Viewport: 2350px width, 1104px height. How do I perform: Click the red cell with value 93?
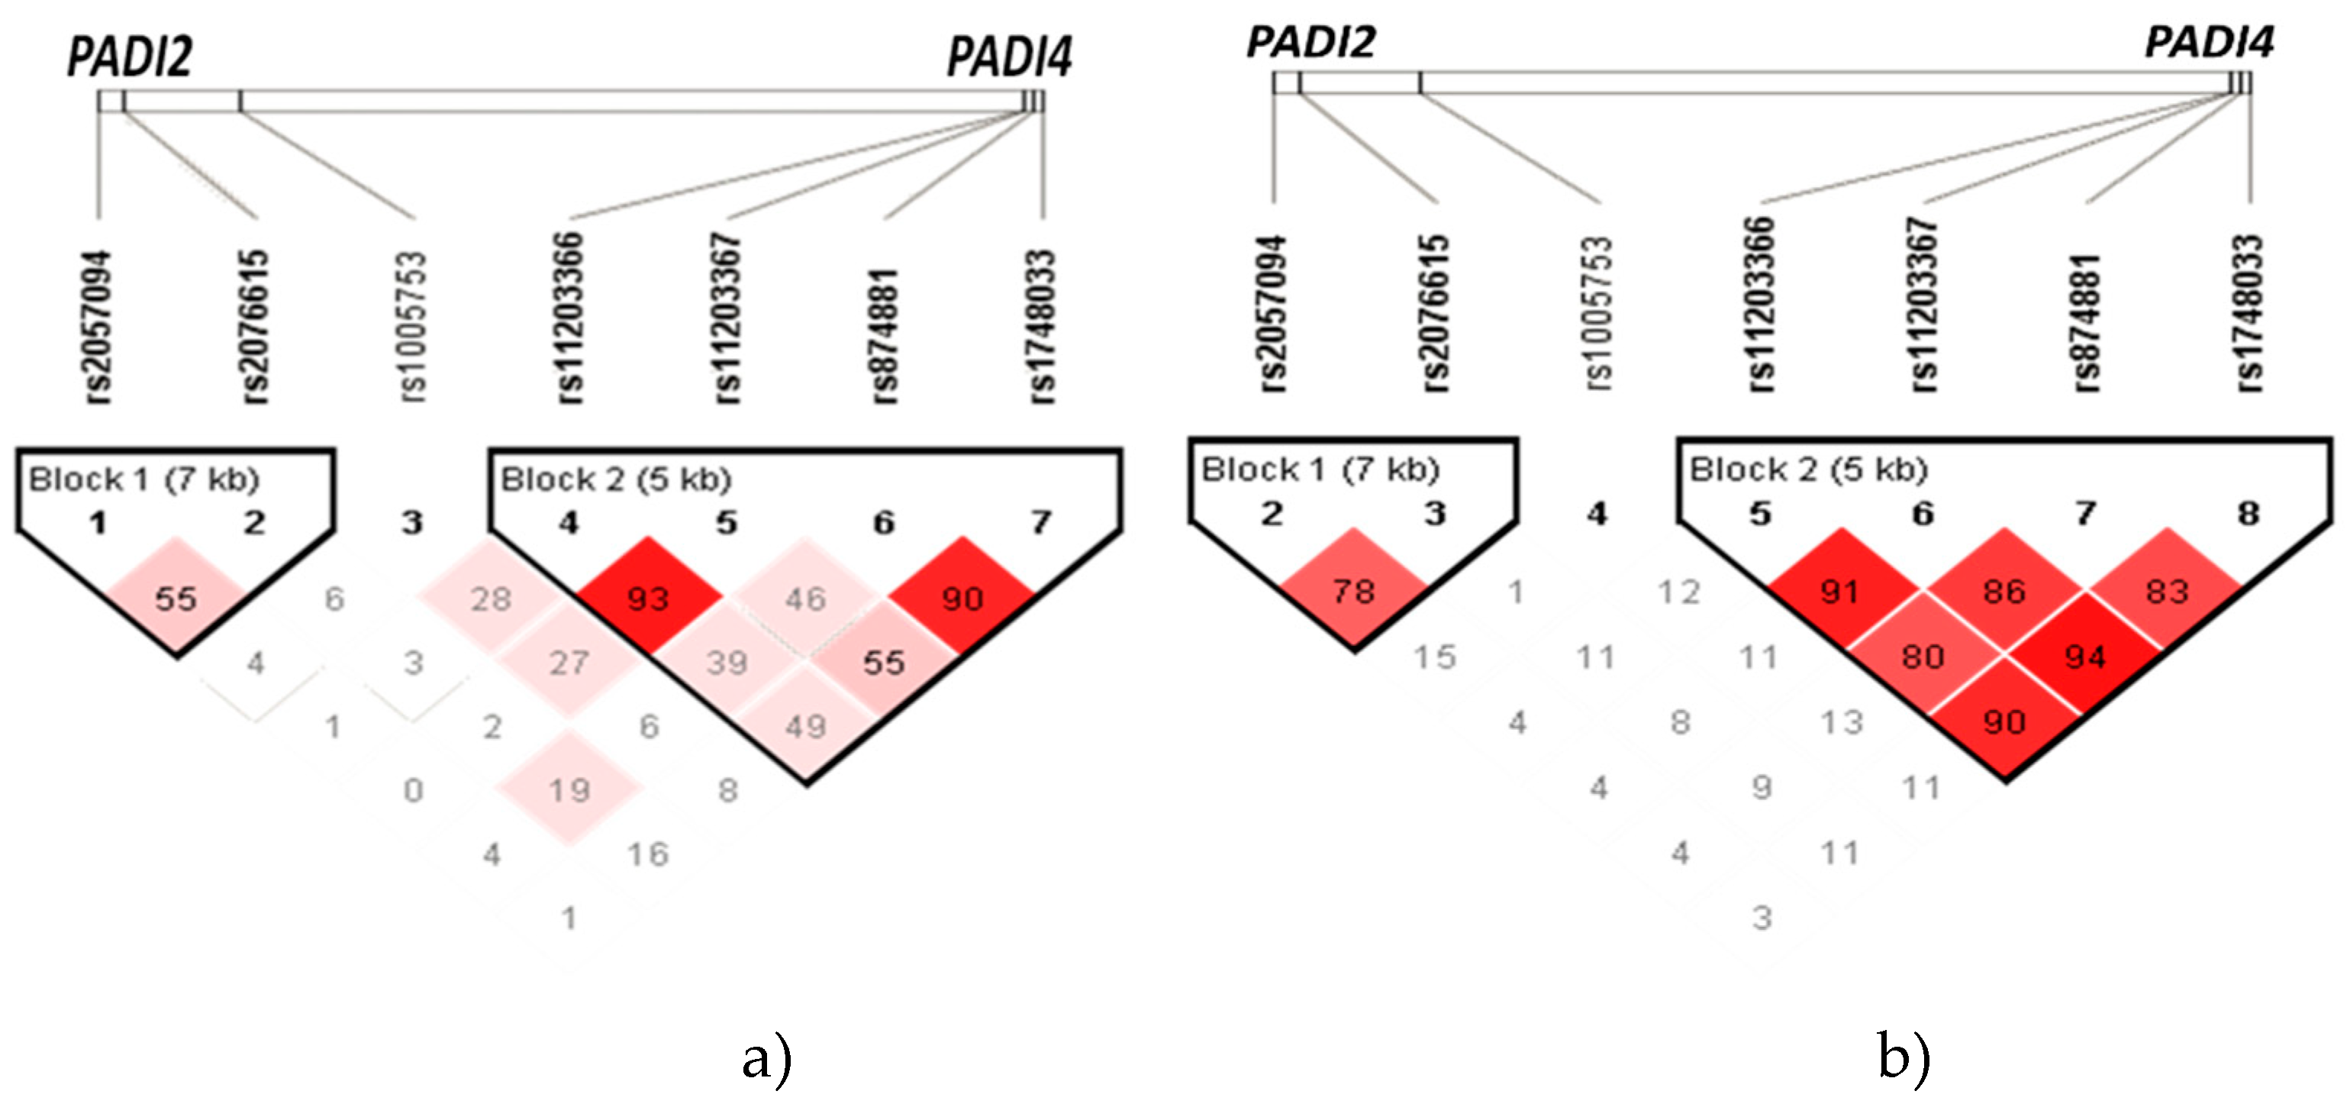click(x=648, y=599)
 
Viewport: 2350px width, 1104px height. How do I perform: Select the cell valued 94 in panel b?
click(x=2085, y=656)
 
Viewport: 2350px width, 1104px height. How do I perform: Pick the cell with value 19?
click(x=569, y=789)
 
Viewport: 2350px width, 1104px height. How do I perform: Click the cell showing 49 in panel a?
click(x=804, y=726)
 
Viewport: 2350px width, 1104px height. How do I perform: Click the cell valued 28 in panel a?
click(x=491, y=599)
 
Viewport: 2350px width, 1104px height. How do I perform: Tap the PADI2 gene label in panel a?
click(x=130, y=56)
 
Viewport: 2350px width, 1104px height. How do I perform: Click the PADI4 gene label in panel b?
click(x=2209, y=42)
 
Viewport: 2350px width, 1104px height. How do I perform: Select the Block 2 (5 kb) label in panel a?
click(x=617, y=479)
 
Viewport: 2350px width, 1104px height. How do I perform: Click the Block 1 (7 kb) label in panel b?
click(x=1320, y=469)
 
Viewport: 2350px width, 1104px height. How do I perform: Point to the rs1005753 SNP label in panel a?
click(x=412, y=327)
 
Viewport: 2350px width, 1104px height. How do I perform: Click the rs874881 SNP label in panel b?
click(x=2087, y=321)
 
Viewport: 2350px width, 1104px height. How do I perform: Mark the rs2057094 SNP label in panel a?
click(x=98, y=327)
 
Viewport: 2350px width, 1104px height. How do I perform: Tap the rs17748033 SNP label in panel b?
click(x=2250, y=314)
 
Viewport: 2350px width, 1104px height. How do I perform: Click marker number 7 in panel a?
click(x=1041, y=522)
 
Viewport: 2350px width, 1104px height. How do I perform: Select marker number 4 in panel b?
click(x=1597, y=513)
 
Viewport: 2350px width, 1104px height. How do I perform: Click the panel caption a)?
click(x=766, y=1058)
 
